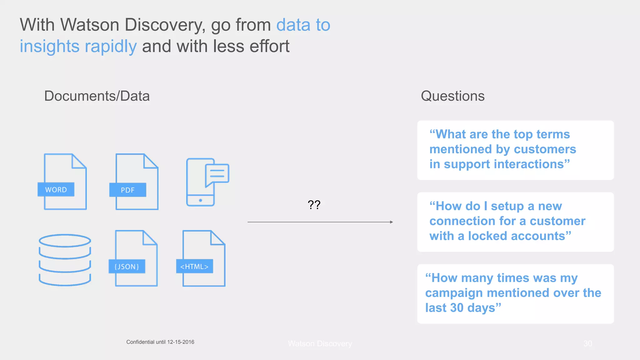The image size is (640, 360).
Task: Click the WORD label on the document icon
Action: tap(56, 190)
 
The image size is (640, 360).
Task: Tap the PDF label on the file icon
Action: tap(127, 190)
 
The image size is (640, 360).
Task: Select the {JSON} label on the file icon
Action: tap(127, 267)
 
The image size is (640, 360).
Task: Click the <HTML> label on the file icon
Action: tap(194, 267)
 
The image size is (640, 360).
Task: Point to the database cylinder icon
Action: tap(65, 260)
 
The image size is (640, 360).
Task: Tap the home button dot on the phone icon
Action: tap(201, 200)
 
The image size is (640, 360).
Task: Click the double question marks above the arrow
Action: tap(314, 205)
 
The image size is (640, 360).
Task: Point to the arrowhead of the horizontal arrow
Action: tap(392, 222)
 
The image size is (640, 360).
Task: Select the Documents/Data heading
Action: tap(97, 96)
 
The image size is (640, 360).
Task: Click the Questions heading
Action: tap(452, 96)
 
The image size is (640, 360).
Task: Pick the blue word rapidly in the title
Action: tap(111, 46)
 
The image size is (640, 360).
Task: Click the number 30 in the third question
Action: tap(457, 308)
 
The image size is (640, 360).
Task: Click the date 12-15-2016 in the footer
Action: tap(181, 342)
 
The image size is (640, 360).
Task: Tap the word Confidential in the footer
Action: tap(140, 342)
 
